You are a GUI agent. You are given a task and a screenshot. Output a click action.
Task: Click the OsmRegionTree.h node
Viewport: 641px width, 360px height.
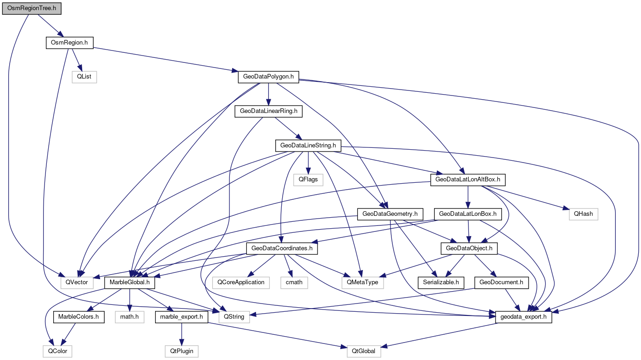click(31, 9)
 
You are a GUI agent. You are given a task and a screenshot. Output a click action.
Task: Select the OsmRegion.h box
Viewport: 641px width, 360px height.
click(69, 43)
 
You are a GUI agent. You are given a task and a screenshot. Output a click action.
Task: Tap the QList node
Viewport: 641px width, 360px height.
click(84, 77)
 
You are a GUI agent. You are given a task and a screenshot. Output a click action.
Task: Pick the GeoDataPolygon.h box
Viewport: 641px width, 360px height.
click(268, 77)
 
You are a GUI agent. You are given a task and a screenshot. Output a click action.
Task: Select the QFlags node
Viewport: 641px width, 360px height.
click(308, 180)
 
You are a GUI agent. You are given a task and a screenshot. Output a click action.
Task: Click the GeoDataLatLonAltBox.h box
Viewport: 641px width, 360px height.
click(467, 180)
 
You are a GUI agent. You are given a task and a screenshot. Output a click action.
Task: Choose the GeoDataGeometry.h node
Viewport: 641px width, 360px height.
click(390, 214)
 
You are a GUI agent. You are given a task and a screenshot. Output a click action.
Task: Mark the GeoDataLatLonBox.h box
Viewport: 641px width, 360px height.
click(468, 214)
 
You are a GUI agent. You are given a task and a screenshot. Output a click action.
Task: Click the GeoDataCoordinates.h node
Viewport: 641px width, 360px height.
click(282, 248)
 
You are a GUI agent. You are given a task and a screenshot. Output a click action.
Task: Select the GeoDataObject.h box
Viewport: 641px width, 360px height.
click(468, 248)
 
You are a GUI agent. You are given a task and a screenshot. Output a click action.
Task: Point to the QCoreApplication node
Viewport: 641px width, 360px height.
click(241, 282)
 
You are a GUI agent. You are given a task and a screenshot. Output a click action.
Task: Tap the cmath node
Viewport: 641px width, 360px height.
click(294, 282)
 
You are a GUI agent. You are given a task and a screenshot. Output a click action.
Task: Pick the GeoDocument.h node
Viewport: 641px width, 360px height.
click(501, 282)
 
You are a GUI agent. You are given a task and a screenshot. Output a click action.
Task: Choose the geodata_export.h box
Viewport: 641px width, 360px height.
click(524, 316)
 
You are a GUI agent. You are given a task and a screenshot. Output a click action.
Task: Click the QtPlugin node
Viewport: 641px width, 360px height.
click(182, 351)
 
